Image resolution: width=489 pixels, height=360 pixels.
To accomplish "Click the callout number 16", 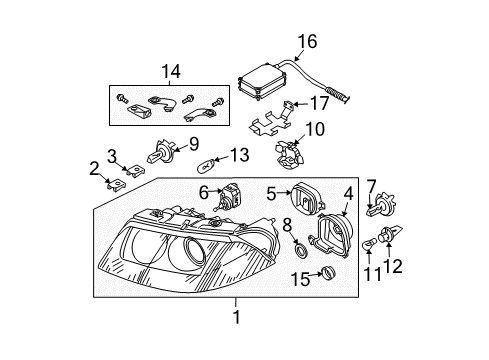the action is click(307, 41).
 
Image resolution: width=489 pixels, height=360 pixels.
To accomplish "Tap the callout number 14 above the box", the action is click(171, 71).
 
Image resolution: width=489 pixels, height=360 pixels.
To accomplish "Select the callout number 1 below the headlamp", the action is click(237, 317).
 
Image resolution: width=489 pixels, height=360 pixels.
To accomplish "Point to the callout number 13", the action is click(239, 155).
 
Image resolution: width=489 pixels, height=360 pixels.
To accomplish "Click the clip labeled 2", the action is click(115, 185).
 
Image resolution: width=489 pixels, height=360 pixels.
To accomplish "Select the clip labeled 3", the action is click(136, 171).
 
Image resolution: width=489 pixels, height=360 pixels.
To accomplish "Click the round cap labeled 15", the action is click(329, 273).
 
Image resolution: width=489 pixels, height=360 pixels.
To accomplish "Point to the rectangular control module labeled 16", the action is click(262, 79).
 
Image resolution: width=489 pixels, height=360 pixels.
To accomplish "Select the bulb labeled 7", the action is click(381, 204).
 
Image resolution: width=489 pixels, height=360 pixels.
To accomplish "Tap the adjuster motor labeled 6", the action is click(228, 198).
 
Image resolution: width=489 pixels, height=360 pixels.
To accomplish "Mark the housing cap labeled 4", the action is click(331, 234).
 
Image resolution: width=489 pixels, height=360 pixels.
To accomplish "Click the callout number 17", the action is click(320, 103).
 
